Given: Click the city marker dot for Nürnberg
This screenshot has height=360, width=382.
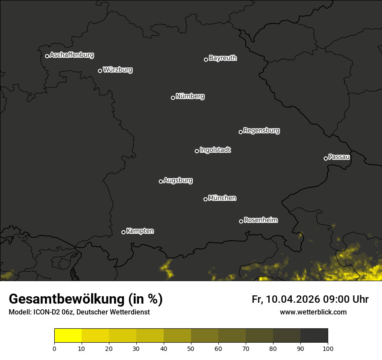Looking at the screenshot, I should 173,98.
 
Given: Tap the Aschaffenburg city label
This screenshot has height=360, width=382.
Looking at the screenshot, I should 72,55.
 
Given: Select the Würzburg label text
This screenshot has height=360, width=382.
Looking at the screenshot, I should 118,70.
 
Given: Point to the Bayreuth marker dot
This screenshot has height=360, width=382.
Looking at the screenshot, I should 206,59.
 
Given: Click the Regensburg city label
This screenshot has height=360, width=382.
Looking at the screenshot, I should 261,130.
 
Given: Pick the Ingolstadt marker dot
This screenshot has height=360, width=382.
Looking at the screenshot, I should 197,151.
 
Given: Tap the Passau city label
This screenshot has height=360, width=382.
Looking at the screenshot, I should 339,157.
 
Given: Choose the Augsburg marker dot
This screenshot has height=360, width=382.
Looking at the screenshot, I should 161,181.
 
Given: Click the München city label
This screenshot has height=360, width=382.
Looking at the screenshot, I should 222,198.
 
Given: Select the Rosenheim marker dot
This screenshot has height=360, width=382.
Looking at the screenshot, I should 241,222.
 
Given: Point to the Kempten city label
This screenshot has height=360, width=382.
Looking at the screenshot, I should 140,231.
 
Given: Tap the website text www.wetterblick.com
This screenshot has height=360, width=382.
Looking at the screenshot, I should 313,312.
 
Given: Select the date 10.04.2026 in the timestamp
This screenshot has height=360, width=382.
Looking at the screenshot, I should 293,299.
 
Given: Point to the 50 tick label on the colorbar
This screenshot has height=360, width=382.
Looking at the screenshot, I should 191,348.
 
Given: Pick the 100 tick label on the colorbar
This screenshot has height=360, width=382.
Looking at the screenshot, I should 328,348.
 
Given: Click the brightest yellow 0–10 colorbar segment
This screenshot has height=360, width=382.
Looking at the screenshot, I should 68,336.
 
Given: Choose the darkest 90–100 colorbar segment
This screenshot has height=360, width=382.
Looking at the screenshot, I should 314,336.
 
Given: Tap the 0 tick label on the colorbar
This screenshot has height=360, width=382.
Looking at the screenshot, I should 54,348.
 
